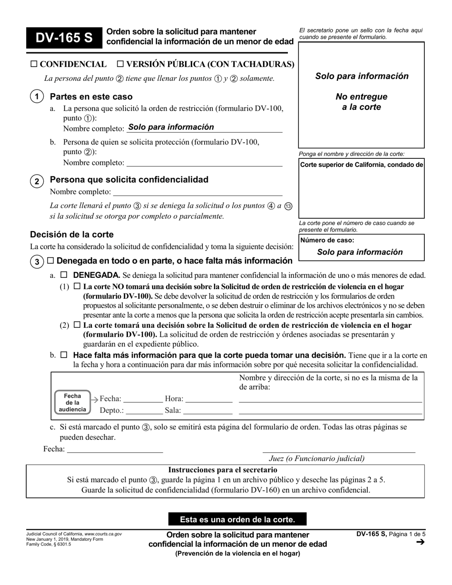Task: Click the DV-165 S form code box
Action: coord(64,38)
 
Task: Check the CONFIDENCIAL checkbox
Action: coord(34,64)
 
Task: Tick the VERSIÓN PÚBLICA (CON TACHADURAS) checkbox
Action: coord(120,64)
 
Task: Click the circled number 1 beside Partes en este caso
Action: coord(37,97)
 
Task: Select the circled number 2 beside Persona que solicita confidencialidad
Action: coord(37,181)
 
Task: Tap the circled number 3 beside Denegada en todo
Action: coord(37,262)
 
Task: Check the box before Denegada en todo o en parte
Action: coord(50,261)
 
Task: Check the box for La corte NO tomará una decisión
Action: coord(77,287)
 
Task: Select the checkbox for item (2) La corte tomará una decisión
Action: coord(77,325)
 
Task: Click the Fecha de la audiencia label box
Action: coord(72,402)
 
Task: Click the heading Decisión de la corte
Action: coord(72,234)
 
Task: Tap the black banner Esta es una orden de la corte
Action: coord(237,519)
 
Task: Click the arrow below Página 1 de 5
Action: coord(420,542)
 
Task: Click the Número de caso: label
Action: coord(327,241)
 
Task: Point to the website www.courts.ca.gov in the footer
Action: coord(103,534)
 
